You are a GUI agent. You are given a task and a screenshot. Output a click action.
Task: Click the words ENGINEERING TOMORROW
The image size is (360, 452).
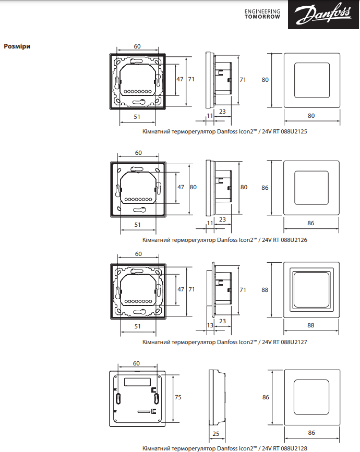(x=262, y=14)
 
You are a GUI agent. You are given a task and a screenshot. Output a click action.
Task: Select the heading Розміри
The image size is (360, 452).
(x=17, y=46)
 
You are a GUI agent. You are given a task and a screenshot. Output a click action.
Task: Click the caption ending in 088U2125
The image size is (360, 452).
(x=224, y=132)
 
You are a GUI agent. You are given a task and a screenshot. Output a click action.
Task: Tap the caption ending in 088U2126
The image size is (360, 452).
(x=224, y=240)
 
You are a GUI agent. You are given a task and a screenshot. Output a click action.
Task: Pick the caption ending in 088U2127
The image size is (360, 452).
(x=224, y=343)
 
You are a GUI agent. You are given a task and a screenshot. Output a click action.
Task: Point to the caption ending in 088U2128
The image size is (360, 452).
(x=224, y=448)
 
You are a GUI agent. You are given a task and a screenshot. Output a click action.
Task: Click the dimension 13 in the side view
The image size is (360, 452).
(x=210, y=325)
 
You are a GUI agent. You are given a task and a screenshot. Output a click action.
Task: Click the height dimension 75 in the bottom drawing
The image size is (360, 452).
(x=178, y=397)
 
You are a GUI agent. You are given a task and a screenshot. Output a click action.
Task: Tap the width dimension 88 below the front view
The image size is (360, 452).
(x=311, y=326)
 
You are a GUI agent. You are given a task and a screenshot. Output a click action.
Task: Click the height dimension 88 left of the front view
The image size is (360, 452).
(x=265, y=290)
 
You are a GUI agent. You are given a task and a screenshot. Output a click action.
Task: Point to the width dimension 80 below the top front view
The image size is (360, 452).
(x=311, y=115)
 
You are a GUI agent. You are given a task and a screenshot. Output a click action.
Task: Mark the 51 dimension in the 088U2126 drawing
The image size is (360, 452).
(x=137, y=224)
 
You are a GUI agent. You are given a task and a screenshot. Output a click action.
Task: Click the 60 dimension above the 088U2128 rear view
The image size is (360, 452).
(x=137, y=363)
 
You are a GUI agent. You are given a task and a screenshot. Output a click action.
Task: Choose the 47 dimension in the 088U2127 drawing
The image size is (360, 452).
(x=180, y=289)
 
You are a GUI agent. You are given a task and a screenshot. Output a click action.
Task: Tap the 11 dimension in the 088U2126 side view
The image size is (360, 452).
(x=210, y=223)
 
